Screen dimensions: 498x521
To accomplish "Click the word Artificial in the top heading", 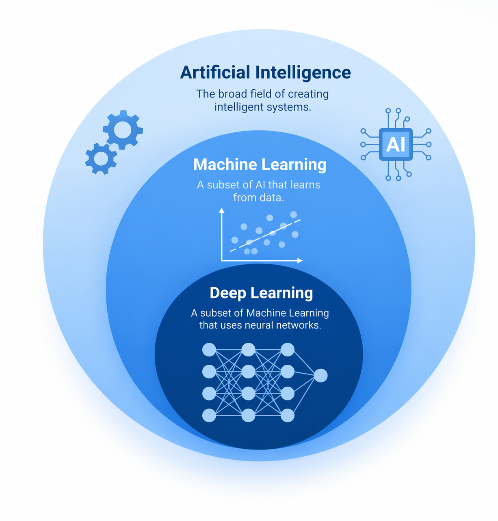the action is tap(215, 73).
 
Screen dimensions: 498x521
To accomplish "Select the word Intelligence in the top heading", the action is tap(303, 73).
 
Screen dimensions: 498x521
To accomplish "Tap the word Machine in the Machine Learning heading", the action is tap(224, 164).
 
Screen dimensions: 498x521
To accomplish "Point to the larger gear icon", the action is tap(123, 130).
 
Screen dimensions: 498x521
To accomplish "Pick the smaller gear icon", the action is tap(101, 158).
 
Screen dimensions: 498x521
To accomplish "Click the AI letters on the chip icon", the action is tap(396, 145).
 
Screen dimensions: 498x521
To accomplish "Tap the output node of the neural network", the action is tap(320, 375).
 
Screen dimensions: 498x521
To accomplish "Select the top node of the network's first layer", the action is tap(209, 350).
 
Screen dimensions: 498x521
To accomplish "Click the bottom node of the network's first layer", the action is tap(209, 415).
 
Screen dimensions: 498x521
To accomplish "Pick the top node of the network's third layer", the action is tap(288, 350).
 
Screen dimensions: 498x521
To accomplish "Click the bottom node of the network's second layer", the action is tap(249, 415).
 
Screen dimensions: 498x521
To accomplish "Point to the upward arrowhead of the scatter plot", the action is tap(221, 210).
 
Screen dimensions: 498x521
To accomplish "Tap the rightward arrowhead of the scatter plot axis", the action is tap(300, 261).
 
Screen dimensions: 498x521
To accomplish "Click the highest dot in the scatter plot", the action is tap(293, 214).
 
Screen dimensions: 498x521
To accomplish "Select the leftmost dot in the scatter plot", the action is tap(235, 240).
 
